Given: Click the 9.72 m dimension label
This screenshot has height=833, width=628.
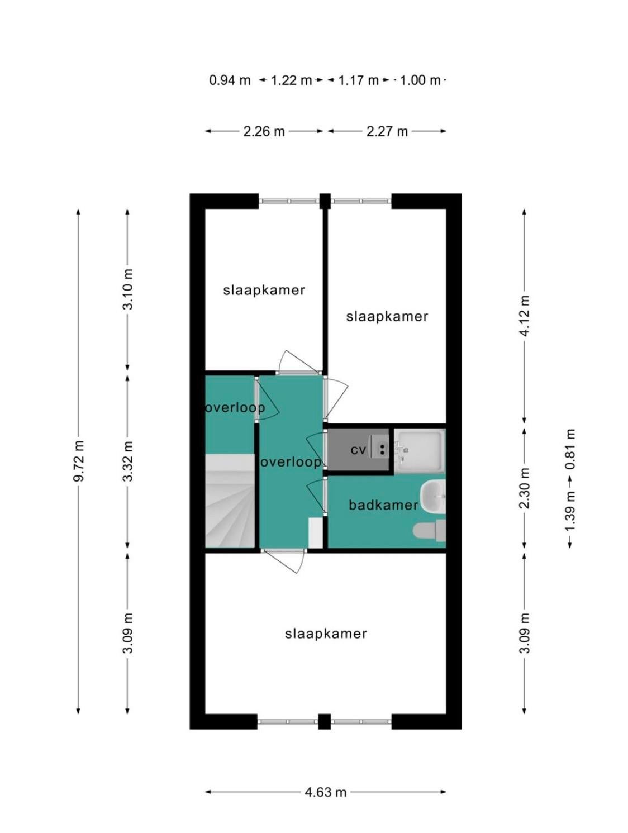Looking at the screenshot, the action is coord(78,461).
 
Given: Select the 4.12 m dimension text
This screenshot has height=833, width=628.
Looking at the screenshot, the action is coord(525,315).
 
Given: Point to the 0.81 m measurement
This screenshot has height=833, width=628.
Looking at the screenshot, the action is coord(569,449).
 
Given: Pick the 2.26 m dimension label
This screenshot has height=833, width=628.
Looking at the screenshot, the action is coord(264,131).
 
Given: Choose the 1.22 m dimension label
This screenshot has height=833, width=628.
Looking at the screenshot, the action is coord(291,80).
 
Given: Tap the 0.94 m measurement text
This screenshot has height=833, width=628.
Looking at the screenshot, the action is coord(230,80).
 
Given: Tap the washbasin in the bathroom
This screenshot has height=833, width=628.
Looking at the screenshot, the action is coord(433,496).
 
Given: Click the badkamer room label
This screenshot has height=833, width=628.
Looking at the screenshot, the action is coord(383,504).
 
